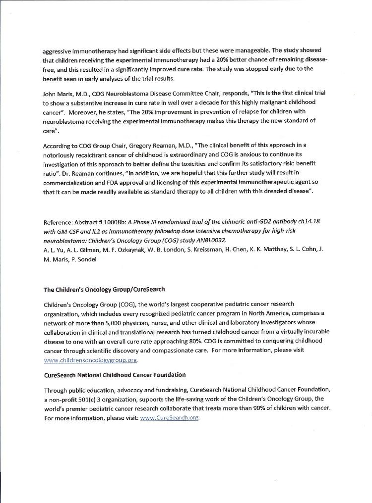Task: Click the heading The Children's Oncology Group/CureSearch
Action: (x=104, y=289)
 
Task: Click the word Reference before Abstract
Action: (x=59, y=221)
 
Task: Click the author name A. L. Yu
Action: (x=52, y=249)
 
